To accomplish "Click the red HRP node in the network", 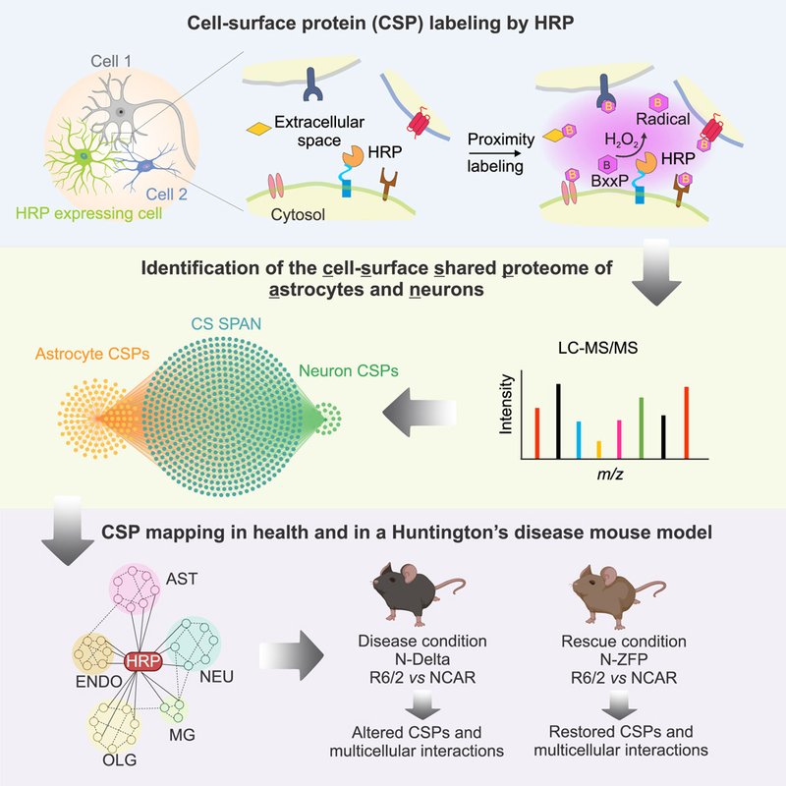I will [144, 662].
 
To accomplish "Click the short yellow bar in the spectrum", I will [598, 450].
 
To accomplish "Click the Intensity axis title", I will [507, 412].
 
